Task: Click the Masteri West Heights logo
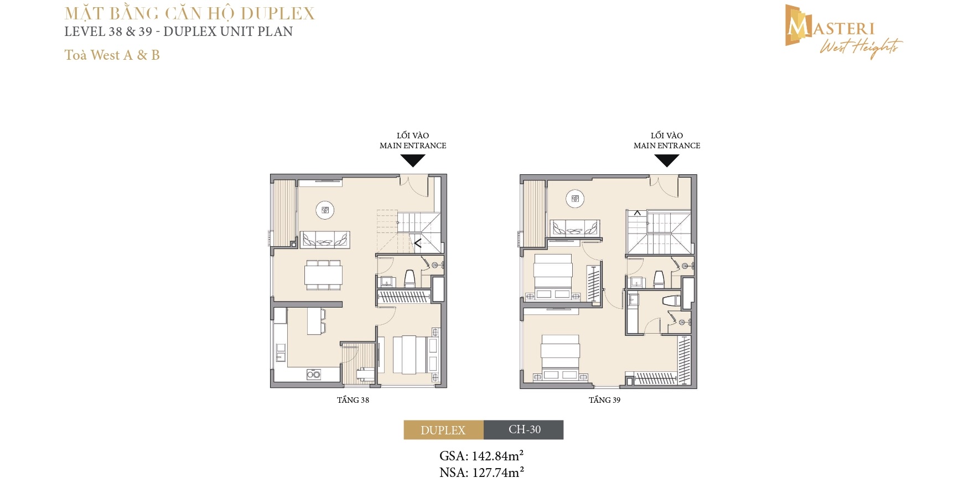point(844,32)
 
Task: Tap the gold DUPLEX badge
point(443,430)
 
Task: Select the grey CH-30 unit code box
point(524,430)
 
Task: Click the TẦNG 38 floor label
point(353,400)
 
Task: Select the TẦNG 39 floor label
point(604,400)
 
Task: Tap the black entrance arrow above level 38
point(413,160)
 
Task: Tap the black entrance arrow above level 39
point(667,160)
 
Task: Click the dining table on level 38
point(323,275)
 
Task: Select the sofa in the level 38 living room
point(325,239)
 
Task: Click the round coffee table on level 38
point(325,210)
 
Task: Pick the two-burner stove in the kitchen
point(313,375)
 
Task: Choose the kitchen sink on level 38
point(281,352)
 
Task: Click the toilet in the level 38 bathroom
point(410,278)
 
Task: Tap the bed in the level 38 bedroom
point(411,354)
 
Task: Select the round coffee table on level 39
point(575,199)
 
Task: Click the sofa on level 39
point(575,228)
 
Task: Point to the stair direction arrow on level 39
point(638,213)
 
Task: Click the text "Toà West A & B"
point(112,55)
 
